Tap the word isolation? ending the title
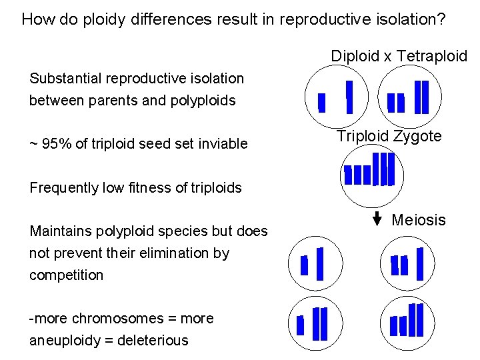pos(413,19)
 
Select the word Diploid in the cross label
pos(355,56)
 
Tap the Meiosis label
pos(419,220)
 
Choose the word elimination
pos(166,253)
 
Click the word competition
pos(66,275)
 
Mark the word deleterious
pos(153,340)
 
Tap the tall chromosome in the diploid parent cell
pos(349,97)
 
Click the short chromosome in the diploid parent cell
pos(322,103)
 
